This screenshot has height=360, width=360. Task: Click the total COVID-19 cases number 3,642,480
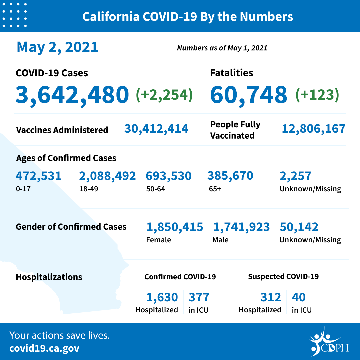72,94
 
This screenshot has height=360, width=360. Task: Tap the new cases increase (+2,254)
164,94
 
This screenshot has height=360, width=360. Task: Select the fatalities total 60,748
248,94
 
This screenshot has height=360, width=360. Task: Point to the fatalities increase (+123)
317,94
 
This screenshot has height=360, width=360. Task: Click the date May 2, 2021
57,47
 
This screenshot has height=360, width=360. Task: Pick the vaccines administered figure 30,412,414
156,128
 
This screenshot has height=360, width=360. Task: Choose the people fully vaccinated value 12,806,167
313,128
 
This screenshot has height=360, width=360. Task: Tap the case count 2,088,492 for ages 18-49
107,176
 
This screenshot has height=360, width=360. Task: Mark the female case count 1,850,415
175,227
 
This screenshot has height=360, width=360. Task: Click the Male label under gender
220,240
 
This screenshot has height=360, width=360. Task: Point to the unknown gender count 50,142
299,227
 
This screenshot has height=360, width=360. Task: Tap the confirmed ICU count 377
199,297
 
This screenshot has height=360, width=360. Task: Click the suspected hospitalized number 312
271,297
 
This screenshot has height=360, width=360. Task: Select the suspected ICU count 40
299,297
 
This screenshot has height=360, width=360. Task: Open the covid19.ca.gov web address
44,349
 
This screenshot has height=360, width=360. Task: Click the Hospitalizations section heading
49,277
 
